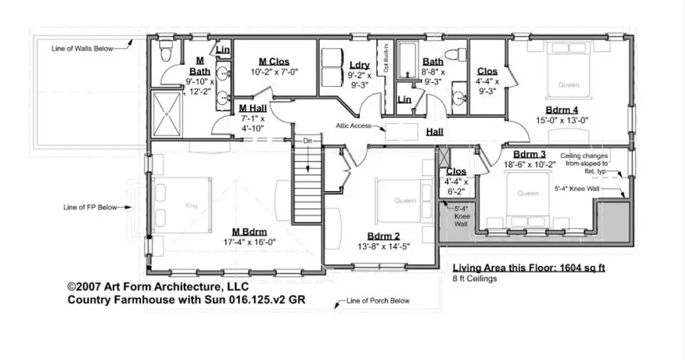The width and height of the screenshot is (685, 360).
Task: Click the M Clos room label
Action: [274, 62]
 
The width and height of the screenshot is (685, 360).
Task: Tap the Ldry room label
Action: [359, 65]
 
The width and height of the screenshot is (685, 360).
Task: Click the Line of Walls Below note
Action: [82, 48]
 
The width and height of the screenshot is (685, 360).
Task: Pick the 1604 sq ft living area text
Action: [529, 268]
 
